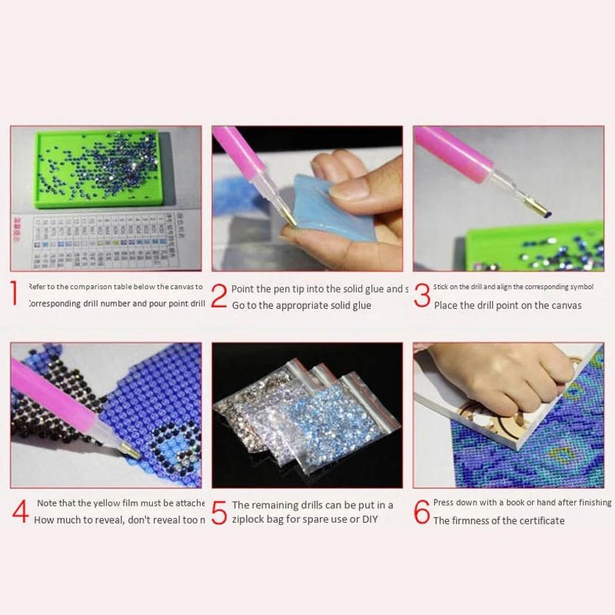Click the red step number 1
tap(15, 294)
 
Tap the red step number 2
tap(219, 296)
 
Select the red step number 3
tap(422, 296)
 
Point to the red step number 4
tap(19, 512)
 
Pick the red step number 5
tap(219, 513)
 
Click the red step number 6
tap(422, 512)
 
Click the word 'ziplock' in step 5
tap(252, 520)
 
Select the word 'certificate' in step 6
tap(539, 520)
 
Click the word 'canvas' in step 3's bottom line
tap(564, 305)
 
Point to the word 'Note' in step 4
tap(46, 504)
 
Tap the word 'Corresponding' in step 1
tap(55, 304)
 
